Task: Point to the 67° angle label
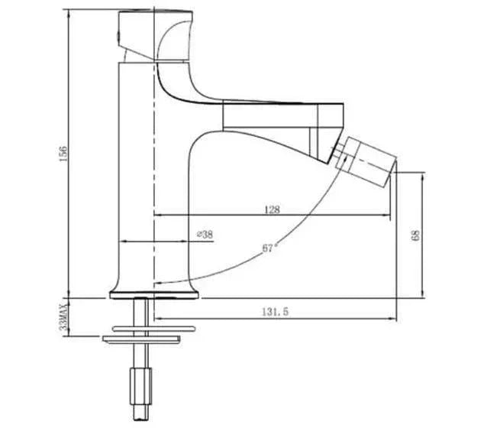coord(268,247)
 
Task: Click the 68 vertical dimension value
coord(415,235)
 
